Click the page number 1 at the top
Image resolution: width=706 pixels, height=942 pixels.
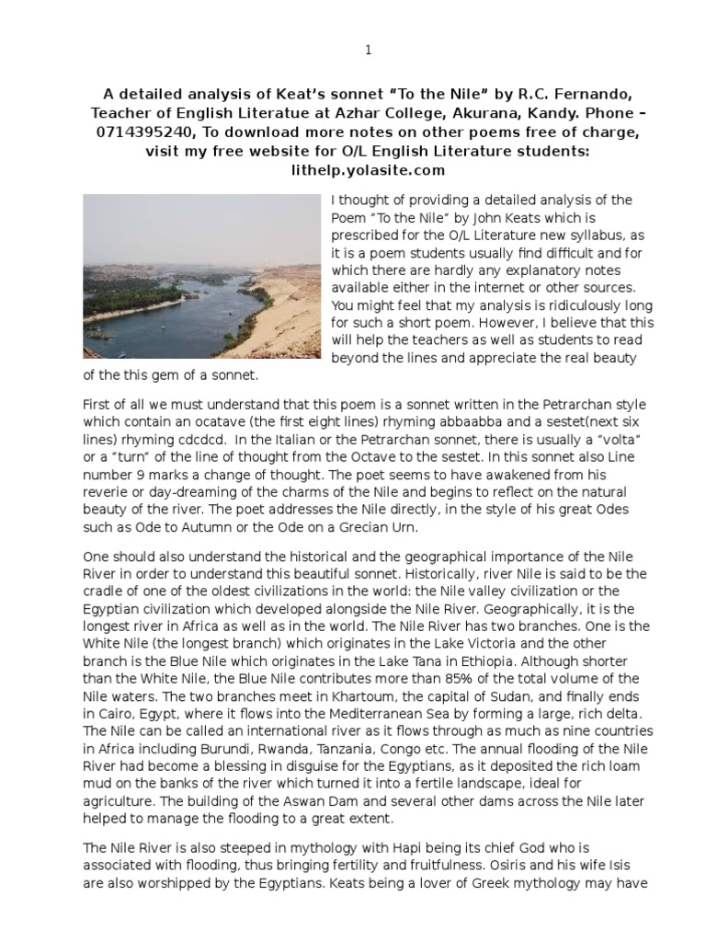coord(368,52)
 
